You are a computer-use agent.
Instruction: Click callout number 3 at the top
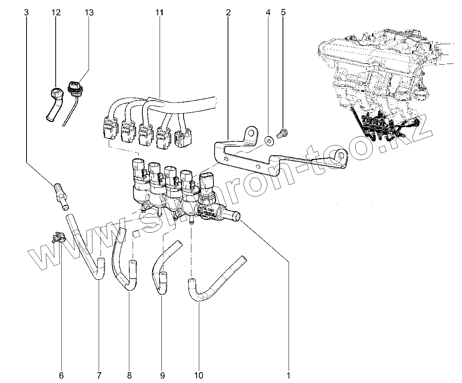(26, 12)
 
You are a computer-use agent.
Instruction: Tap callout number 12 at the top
(56, 12)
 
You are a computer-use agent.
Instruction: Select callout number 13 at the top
(89, 12)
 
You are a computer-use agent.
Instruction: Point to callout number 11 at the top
(160, 12)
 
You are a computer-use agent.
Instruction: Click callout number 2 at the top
(228, 12)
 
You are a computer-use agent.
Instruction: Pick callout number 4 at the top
(268, 12)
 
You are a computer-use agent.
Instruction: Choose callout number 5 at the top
(283, 12)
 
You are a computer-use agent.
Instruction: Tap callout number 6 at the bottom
(61, 375)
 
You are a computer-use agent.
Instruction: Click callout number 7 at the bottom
(99, 375)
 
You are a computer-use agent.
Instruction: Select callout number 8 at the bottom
(130, 375)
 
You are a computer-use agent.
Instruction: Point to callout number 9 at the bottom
(162, 375)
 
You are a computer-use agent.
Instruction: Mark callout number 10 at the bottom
(198, 375)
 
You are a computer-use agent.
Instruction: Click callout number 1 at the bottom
(288, 375)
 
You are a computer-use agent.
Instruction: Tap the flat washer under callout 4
(269, 141)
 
